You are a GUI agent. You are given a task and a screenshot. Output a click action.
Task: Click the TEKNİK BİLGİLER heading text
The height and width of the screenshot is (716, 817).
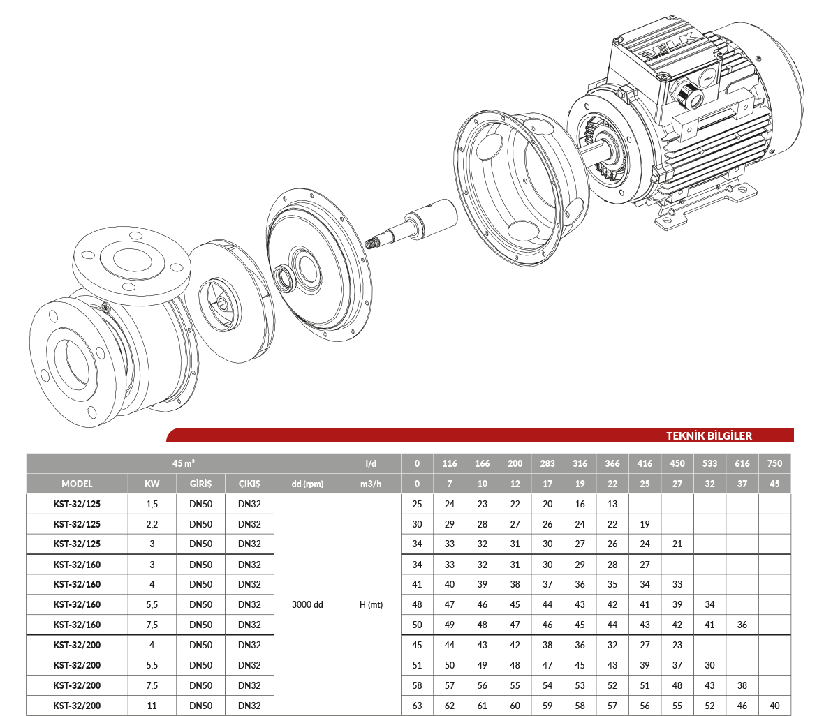[x=709, y=436]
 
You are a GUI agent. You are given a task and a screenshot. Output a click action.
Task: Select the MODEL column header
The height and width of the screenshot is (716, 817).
[x=77, y=484]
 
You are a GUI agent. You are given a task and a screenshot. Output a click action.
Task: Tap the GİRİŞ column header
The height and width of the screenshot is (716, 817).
[x=200, y=484]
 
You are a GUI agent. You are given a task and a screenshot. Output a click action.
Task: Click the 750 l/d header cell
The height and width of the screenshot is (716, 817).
[x=774, y=463]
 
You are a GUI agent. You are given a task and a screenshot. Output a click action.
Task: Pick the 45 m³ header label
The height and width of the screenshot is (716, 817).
[x=184, y=463]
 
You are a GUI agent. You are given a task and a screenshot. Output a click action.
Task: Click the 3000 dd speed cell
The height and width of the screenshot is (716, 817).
[x=307, y=604]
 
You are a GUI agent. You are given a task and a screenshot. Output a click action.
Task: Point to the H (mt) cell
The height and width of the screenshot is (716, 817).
[x=371, y=604]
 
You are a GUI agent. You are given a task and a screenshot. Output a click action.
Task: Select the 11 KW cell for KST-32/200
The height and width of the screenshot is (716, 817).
[x=152, y=706]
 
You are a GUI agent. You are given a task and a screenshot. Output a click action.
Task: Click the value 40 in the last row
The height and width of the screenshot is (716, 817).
[x=774, y=706]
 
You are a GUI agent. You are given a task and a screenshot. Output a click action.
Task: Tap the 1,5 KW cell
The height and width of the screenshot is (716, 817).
[x=152, y=504]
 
